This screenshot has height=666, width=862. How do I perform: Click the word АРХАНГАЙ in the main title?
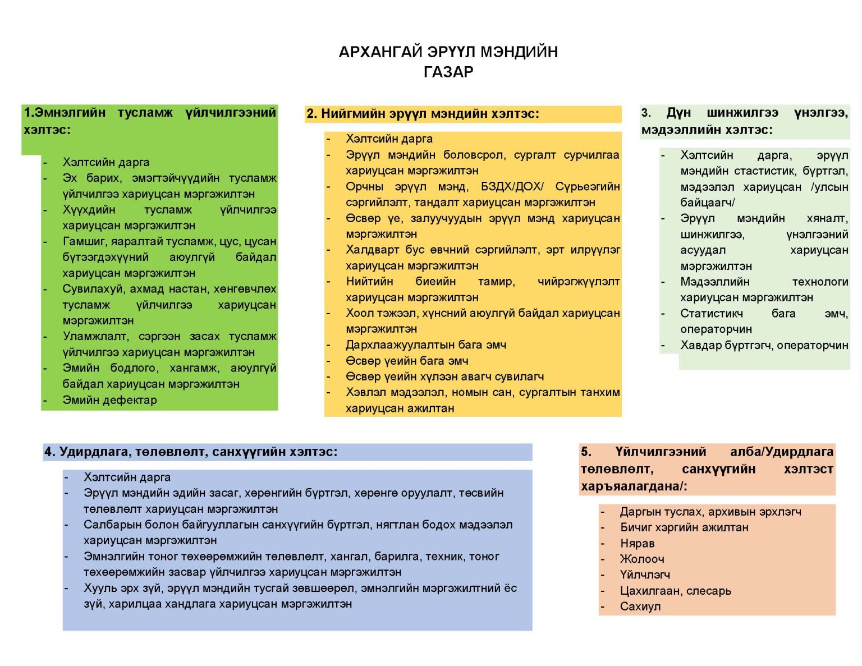click(x=380, y=52)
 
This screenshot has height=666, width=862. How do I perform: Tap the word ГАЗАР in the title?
click(x=448, y=72)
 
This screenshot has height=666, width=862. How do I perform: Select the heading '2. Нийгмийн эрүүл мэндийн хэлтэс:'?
click(x=423, y=114)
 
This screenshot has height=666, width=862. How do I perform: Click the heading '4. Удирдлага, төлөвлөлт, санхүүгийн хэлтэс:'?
click(x=191, y=452)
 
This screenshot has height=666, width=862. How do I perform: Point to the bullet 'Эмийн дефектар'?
click(x=109, y=400)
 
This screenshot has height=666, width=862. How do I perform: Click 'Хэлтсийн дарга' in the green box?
click(x=106, y=162)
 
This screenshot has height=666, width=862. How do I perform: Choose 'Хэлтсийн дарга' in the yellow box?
click(x=389, y=139)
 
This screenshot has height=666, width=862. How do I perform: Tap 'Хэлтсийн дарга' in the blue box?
click(x=127, y=477)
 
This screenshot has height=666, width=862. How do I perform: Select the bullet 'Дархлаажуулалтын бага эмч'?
click(x=425, y=345)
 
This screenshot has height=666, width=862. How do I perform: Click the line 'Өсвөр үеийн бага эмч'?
click(x=406, y=361)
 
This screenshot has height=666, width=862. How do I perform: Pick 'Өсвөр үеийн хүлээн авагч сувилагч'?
click(x=444, y=376)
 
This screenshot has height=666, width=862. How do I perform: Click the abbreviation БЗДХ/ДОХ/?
click(x=512, y=186)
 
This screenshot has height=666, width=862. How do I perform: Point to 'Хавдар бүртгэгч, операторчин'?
click(x=764, y=345)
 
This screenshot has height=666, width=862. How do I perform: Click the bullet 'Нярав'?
click(x=637, y=543)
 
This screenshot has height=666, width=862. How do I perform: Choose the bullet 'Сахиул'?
click(x=640, y=607)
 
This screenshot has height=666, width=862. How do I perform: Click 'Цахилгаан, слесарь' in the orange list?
click(x=675, y=591)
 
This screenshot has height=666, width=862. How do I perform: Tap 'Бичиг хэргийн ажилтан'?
click(x=684, y=527)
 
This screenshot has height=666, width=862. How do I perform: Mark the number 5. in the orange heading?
click(x=586, y=452)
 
